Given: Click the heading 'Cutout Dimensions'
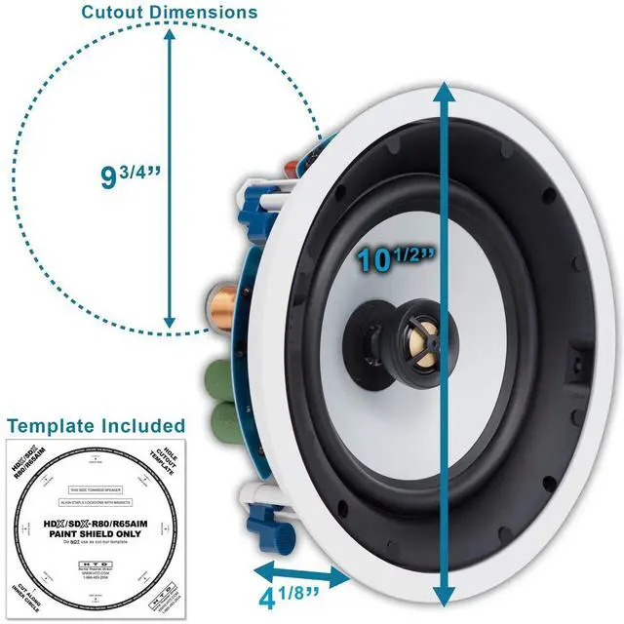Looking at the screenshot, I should click(x=169, y=13).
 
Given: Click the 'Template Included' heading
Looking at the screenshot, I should click(x=95, y=425).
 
